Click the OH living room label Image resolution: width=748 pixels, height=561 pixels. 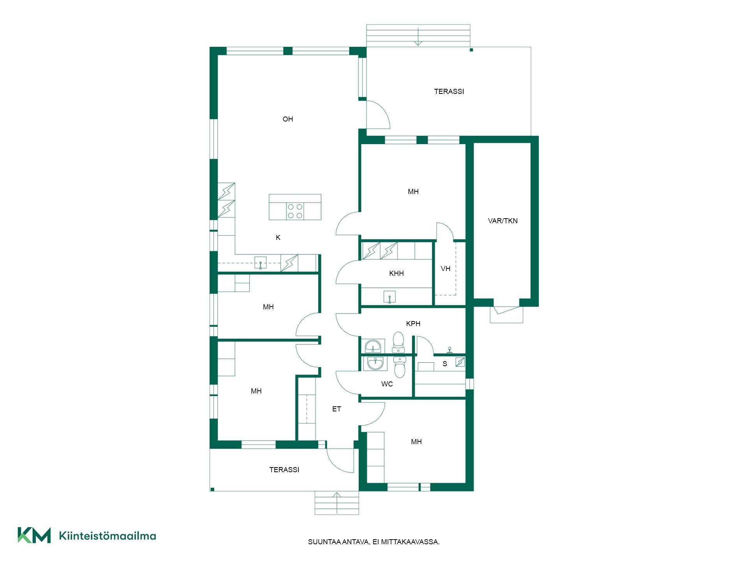[x=288, y=119]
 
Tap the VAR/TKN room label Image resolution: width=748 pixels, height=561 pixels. [x=503, y=221]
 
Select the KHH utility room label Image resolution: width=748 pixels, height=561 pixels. [x=396, y=273]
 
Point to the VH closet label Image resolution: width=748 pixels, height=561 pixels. [x=445, y=269]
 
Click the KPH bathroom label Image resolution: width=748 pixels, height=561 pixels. [x=413, y=324]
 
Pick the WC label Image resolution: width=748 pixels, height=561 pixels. [x=387, y=384]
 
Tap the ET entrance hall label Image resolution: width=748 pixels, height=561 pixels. [x=337, y=409]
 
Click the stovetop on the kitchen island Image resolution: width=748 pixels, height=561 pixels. [x=295, y=211]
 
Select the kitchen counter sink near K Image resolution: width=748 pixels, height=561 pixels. [x=260, y=263]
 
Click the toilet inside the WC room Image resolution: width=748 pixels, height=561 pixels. [x=399, y=367]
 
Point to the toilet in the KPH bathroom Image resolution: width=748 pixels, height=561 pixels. [x=398, y=342]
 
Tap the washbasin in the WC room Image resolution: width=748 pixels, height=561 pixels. [x=375, y=363]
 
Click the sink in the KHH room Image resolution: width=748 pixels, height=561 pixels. [x=389, y=297]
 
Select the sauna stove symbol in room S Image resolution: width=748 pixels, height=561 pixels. [x=460, y=362]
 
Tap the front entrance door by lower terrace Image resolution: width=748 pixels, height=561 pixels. [x=340, y=460]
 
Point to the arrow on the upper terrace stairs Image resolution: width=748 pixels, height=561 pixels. [x=418, y=37]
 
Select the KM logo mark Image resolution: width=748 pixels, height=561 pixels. [x=34, y=535]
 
